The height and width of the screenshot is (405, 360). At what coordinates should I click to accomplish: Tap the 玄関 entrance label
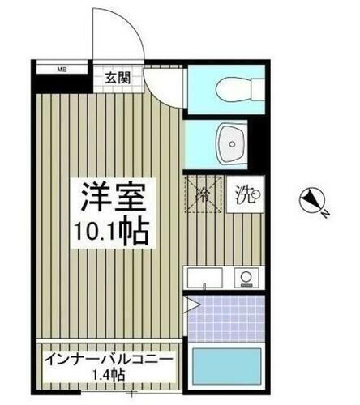point(116,78)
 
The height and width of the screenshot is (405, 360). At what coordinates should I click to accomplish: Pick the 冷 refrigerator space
point(204,195)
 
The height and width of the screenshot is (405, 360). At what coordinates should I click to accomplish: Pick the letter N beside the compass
point(322,215)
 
